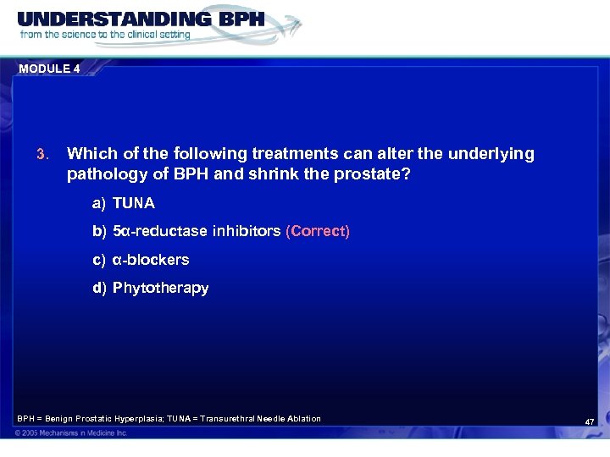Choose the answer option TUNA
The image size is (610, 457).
pos(134,204)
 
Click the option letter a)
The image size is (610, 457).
pos(100,204)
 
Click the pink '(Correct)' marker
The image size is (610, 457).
pos(318,231)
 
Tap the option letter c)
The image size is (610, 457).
pos(100,259)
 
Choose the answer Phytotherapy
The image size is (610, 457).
pos(160,288)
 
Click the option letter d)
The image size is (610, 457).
pos(100,288)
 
